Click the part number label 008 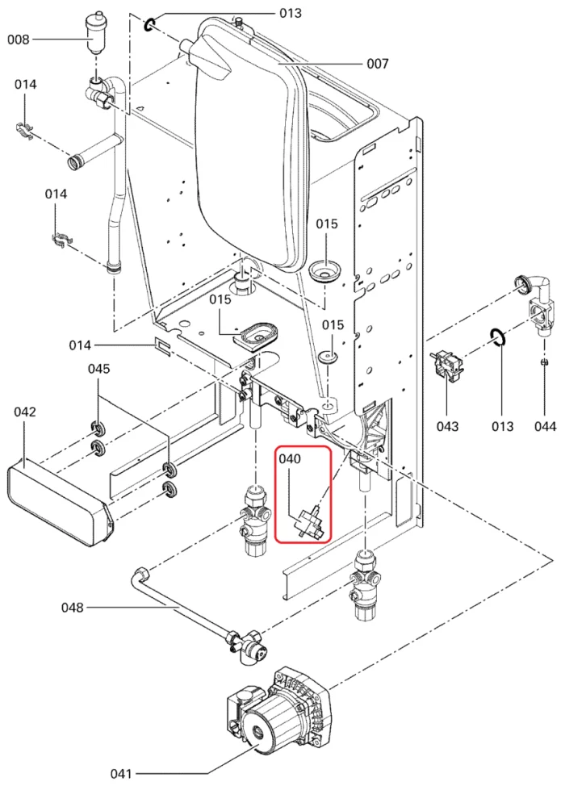[19, 39]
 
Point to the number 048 [73, 607]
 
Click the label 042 [25, 412]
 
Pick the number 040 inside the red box [290, 459]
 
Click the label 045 [99, 369]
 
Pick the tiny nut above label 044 [544, 362]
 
